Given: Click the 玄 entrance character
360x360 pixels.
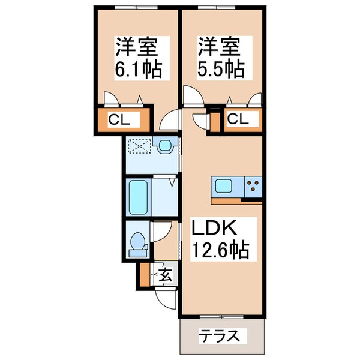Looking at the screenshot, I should [x=166, y=275].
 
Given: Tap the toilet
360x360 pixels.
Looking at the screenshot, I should [x=137, y=242].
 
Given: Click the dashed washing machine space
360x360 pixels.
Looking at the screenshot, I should [x=139, y=146].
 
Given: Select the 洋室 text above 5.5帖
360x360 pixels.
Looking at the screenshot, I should [x=220, y=46].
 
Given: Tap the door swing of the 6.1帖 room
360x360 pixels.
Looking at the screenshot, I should [x=170, y=120].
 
